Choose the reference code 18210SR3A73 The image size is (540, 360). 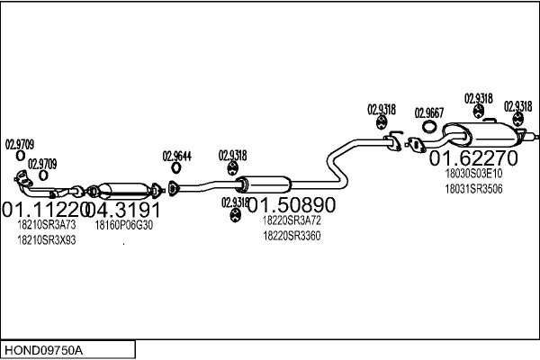(47, 226)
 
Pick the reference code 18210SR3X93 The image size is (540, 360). (47, 240)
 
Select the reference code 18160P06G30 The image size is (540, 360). (124, 226)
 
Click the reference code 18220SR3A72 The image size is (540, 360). (292, 220)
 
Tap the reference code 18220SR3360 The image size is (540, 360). (292, 235)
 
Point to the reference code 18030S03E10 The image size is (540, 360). (473, 175)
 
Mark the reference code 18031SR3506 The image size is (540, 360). (473, 189)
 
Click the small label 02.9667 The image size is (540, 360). (428, 113)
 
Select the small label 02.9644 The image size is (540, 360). (176, 156)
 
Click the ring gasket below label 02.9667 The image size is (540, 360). (427, 133)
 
